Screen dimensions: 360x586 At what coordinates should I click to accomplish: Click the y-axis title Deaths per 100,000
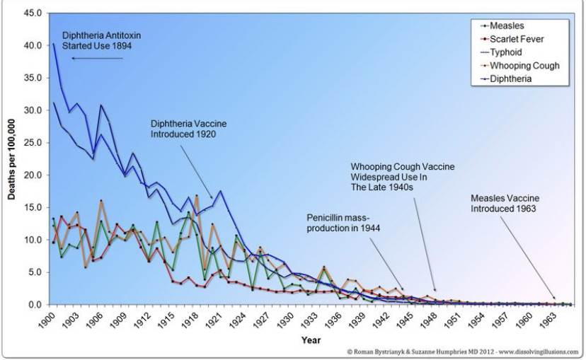coord(12,160)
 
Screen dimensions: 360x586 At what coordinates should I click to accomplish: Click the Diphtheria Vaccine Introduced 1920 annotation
coord(188,128)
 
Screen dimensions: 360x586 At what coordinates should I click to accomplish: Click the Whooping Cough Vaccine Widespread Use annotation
coord(402,177)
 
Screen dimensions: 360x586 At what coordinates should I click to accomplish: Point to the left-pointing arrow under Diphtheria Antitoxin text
coord(98,58)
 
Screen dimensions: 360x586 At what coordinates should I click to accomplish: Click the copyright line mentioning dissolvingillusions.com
coord(463,352)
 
